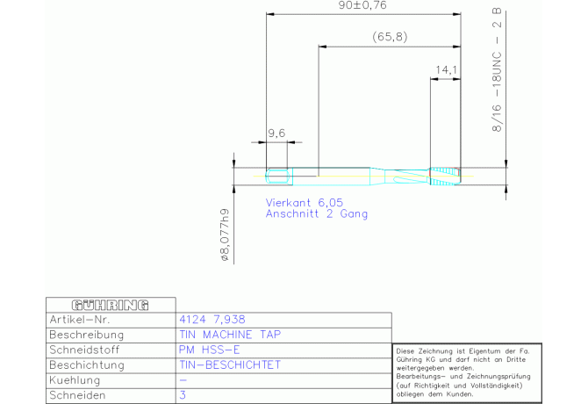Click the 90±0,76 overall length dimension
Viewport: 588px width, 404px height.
click(x=362, y=5)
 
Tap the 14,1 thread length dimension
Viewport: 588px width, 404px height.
click(x=446, y=69)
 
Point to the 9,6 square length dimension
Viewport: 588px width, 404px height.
click(x=276, y=133)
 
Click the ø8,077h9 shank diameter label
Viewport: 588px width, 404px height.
click(x=225, y=234)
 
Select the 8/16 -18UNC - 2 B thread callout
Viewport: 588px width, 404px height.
click(x=497, y=70)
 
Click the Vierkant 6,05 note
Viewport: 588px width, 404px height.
click(x=305, y=203)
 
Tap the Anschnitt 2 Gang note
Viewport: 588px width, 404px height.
click(x=317, y=213)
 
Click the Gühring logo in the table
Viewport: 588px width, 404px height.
click(x=111, y=305)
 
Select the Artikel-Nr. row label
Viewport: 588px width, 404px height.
click(x=80, y=320)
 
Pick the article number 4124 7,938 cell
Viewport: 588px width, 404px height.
click(x=212, y=320)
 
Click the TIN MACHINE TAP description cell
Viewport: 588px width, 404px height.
click(x=230, y=335)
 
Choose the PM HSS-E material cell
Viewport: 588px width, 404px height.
click(x=209, y=350)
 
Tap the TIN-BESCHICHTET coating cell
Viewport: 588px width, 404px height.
click(x=230, y=364)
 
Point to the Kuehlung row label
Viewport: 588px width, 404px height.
click(x=75, y=380)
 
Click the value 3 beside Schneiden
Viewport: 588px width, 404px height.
click(x=183, y=395)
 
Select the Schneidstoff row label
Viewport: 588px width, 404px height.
click(x=84, y=350)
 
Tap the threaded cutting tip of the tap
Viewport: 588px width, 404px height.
click(x=445, y=176)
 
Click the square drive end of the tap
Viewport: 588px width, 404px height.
click(x=278, y=177)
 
